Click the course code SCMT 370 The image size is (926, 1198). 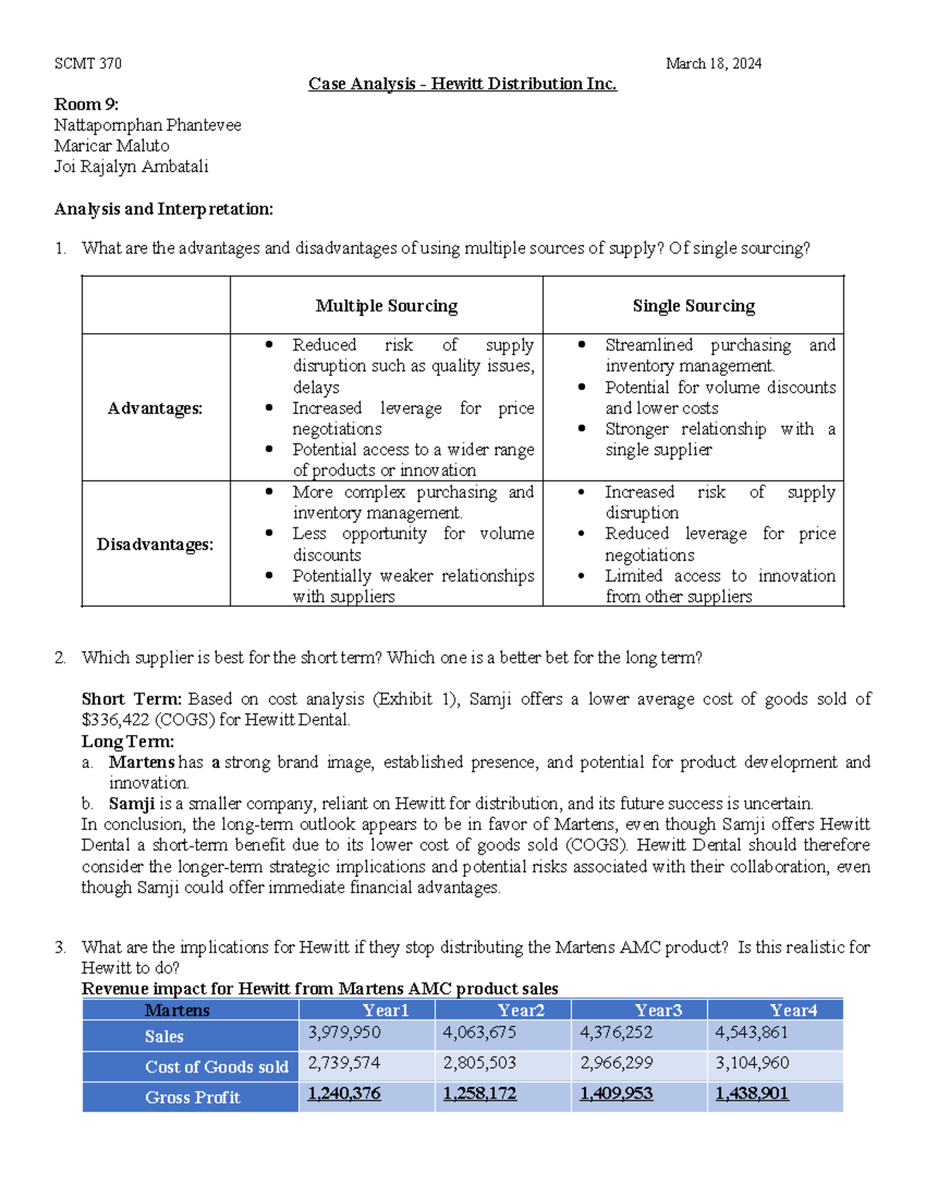click(x=88, y=63)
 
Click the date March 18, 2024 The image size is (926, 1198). click(x=713, y=63)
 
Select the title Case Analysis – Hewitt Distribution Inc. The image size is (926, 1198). click(x=462, y=83)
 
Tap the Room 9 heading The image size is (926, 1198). click(x=86, y=104)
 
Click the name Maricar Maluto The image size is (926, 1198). click(x=112, y=146)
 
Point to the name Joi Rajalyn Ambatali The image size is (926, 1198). click(x=131, y=167)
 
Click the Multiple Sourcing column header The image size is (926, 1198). click(x=387, y=306)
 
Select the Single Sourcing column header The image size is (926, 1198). click(x=693, y=306)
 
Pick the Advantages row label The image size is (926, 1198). click(x=155, y=408)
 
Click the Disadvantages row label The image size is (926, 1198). click(x=155, y=545)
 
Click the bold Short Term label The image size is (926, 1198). click(x=131, y=699)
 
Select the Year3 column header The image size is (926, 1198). click(x=657, y=1011)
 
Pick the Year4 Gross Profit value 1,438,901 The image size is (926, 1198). click(x=752, y=1094)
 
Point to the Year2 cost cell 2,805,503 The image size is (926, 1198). click(x=479, y=1063)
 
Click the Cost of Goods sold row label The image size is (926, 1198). click(x=216, y=1067)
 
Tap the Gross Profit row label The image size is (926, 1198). click(x=192, y=1098)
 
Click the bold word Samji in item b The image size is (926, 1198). click(x=132, y=804)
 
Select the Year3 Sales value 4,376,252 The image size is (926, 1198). click(x=616, y=1032)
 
